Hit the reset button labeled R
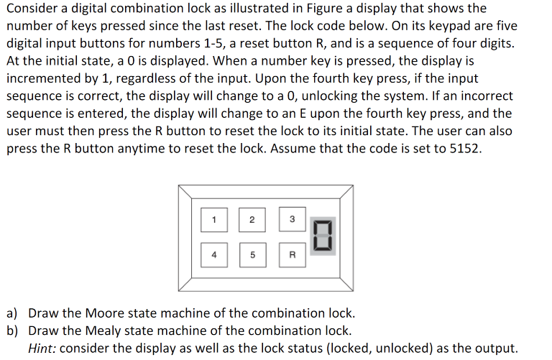coord(292,253)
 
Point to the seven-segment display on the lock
coord(323,236)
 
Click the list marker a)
coord(14,314)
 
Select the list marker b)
coord(14,331)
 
